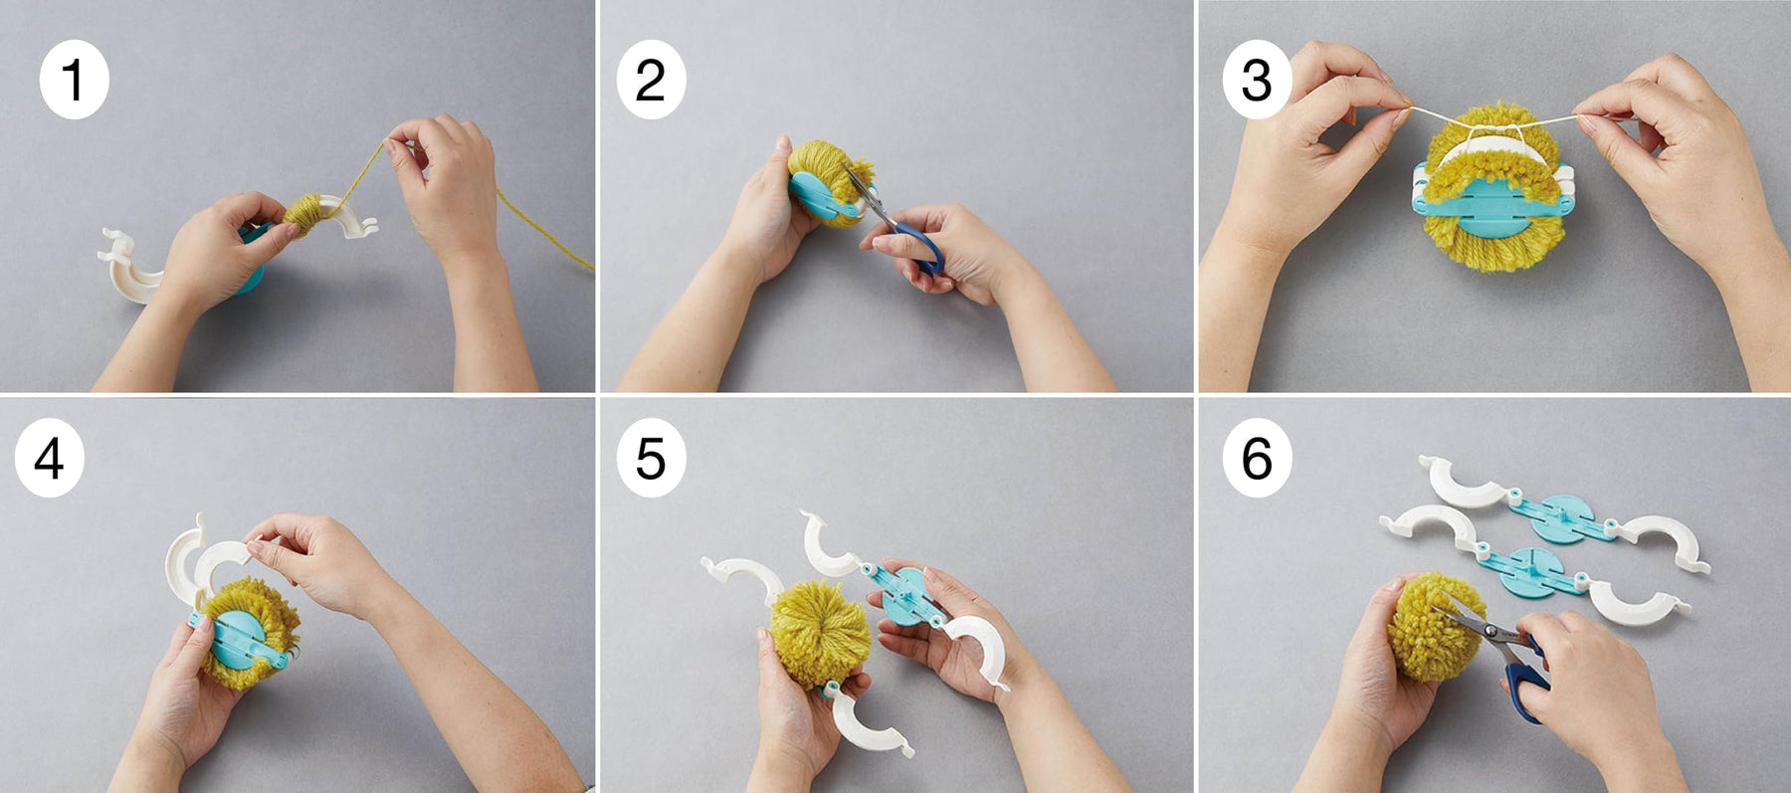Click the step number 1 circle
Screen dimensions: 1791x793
click(x=74, y=80)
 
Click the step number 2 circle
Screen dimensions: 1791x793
click(x=651, y=80)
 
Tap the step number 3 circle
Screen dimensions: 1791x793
click(x=1257, y=80)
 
